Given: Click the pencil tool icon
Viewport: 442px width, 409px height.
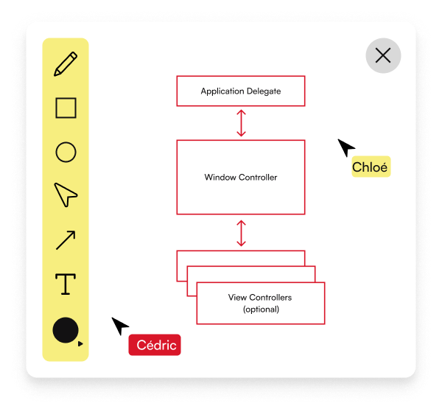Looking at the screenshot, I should (x=66, y=64).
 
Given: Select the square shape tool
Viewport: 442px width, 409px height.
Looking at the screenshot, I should (x=66, y=108).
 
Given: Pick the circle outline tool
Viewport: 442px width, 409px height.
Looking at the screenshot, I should (x=66, y=153).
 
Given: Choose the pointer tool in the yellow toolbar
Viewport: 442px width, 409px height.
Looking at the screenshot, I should (x=66, y=195).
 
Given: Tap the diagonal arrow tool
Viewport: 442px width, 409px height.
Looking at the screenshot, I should (x=66, y=240).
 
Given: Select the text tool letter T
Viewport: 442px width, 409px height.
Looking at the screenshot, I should (x=66, y=284).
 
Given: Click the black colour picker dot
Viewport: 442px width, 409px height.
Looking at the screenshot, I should (x=66, y=330).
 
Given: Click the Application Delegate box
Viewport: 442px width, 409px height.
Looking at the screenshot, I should (x=241, y=91).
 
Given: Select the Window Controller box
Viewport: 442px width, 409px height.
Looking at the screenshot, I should (x=241, y=178).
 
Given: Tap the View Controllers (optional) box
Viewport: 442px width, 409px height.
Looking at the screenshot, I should (x=260, y=303).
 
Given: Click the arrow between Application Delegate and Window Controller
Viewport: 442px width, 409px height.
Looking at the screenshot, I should (x=241, y=123).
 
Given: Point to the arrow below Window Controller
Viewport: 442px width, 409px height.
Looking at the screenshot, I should (x=241, y=233).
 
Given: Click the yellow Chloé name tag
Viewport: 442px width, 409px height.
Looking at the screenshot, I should (x=370, y=167).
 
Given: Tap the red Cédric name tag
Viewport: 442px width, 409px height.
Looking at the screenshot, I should (x=154, y=345).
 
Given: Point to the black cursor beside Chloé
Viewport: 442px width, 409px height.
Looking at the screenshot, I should (x=345, y=147).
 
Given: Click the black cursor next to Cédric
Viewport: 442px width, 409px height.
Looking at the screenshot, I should (x=120, y=326).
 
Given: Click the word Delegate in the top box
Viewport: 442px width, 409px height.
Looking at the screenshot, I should (x=264, y=91).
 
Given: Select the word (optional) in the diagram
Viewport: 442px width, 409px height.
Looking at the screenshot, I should (x=261, y=310).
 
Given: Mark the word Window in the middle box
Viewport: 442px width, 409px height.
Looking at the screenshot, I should (x=219, y=178).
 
